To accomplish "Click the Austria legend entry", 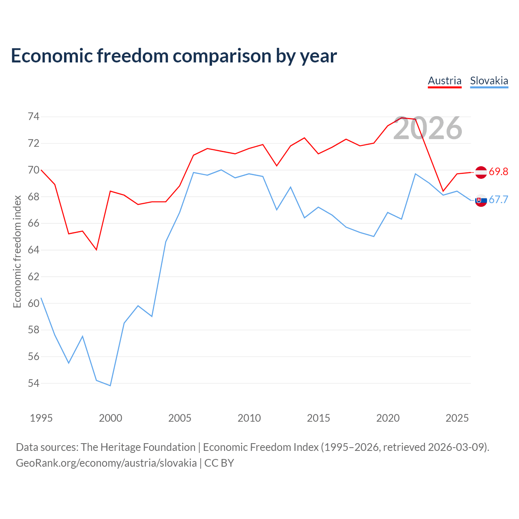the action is click(x=444, y=81).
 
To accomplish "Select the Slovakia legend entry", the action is click(x=489, y=81).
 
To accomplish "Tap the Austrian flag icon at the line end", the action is click(x=481, y=172).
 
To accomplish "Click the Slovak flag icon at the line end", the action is click(x=481, y=200).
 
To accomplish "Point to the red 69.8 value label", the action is click(x=498, y=172).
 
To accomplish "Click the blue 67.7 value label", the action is click(x=498, y=199).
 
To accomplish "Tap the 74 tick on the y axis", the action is click(x=34, y=117).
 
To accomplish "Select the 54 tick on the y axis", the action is click(x=34, y=383).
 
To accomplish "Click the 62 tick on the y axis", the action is click(x=34, y=277).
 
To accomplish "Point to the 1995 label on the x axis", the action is click(x=41, y=418).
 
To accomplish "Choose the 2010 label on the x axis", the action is click(x=249, y=418).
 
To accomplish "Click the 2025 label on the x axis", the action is click(x=457, y=418).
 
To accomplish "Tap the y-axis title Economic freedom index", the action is click(x=17, y=251).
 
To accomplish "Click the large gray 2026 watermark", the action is click(x=428, y=128).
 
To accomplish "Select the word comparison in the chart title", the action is click(x=222, y=56).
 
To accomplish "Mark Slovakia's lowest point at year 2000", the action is click(x=110, y=386).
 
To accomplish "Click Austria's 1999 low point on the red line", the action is click(x=97, y=250).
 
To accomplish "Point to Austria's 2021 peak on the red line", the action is click(x=401, y=118).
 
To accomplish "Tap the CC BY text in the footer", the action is click(x=219, y=463).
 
